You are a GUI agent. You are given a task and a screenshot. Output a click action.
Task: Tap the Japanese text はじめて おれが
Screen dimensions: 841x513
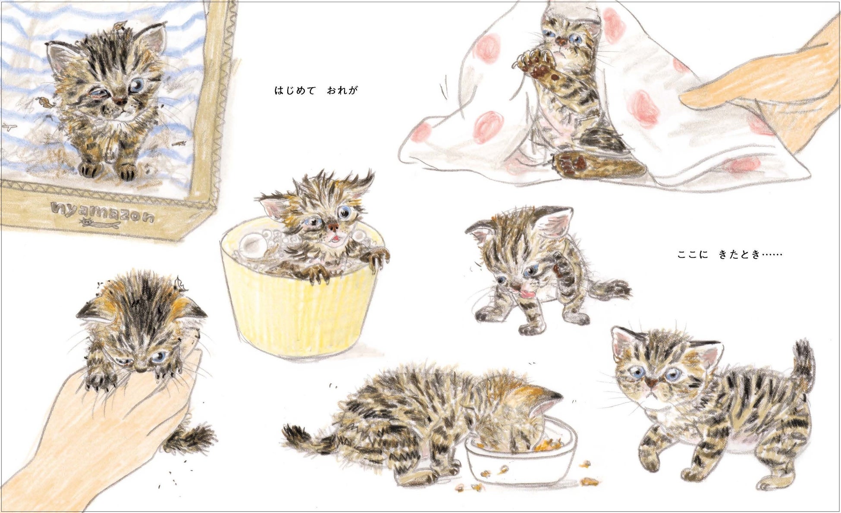(316, 91)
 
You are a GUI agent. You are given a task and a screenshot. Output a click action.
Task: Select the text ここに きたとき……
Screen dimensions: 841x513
(730, 255)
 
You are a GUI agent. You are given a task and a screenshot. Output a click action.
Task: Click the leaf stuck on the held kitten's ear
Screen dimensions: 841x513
(179, 284)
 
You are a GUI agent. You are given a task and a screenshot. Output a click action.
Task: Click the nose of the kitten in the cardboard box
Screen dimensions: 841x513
(120, 101)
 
